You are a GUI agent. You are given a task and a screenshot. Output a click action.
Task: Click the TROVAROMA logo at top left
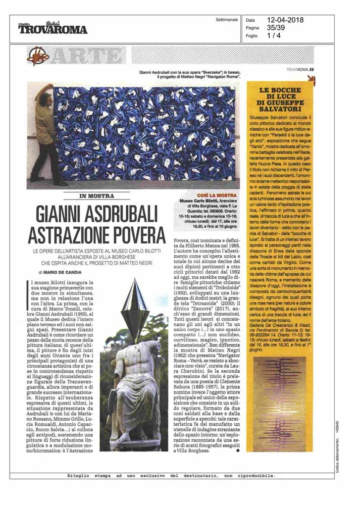click(x=53, y=28)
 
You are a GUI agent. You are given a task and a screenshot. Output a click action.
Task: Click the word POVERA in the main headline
click(x=129, y=235)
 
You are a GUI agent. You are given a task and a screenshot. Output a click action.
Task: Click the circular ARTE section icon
click(x=37, y=56)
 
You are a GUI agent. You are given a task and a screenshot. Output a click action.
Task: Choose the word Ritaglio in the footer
click(x=81, y=476)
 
